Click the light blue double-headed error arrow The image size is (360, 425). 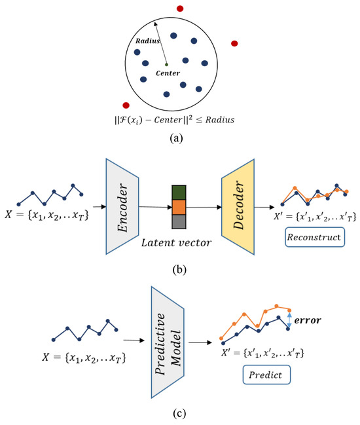[x=289, y=320]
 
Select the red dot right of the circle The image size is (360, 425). [x=234, y=43]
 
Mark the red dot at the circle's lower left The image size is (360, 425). [x=126, y=105]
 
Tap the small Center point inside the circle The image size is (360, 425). [x=166, y=64]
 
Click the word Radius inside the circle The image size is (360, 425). [x=148, y=41]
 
